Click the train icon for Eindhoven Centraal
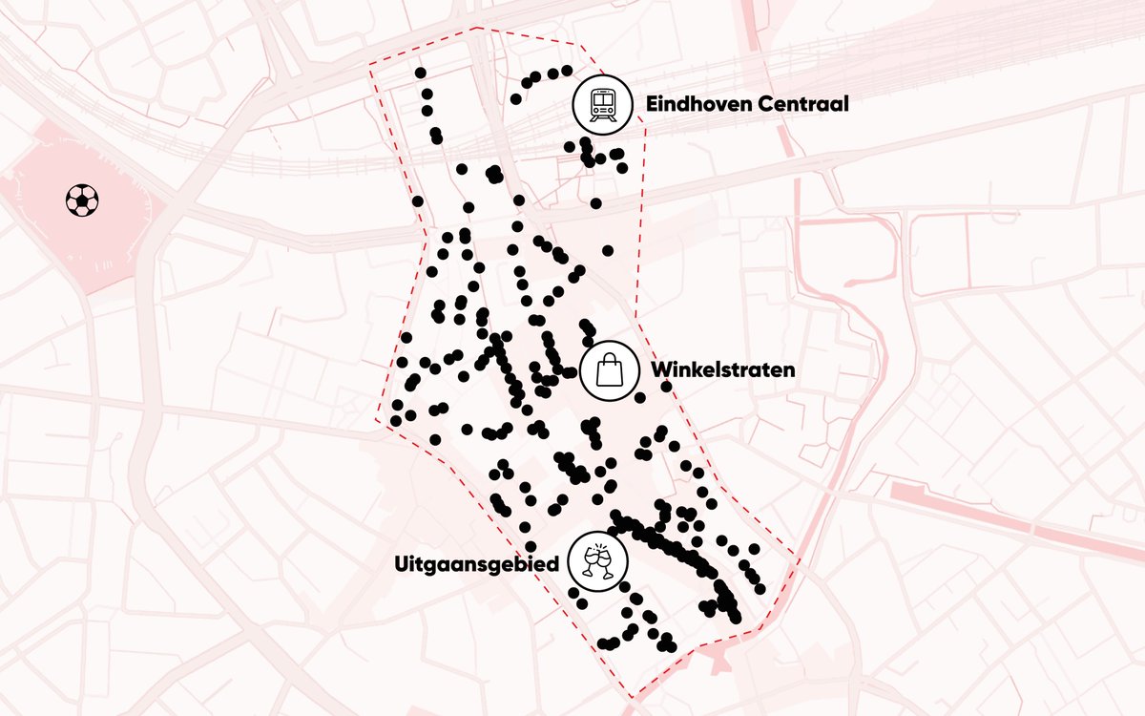click(602, 103)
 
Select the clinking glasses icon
click(596, 560)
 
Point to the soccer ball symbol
click(82, 200)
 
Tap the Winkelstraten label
click(722, 369)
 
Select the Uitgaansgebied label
click(476, 565)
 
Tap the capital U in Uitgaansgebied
click(401, 564)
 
